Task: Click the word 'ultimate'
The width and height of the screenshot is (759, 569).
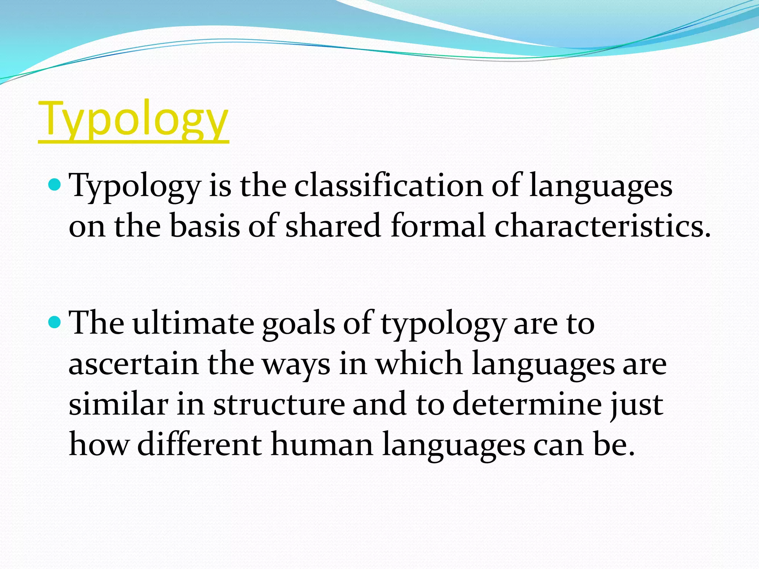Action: coord(193,323)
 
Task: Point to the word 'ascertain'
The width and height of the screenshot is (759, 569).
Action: coord(133,364)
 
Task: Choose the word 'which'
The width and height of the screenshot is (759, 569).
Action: coord(419,364)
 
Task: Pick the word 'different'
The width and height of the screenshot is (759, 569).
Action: coord(199,445)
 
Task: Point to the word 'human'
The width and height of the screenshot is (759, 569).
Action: coord(322,445)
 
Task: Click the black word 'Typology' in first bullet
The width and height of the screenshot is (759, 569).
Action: coord(135,186)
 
